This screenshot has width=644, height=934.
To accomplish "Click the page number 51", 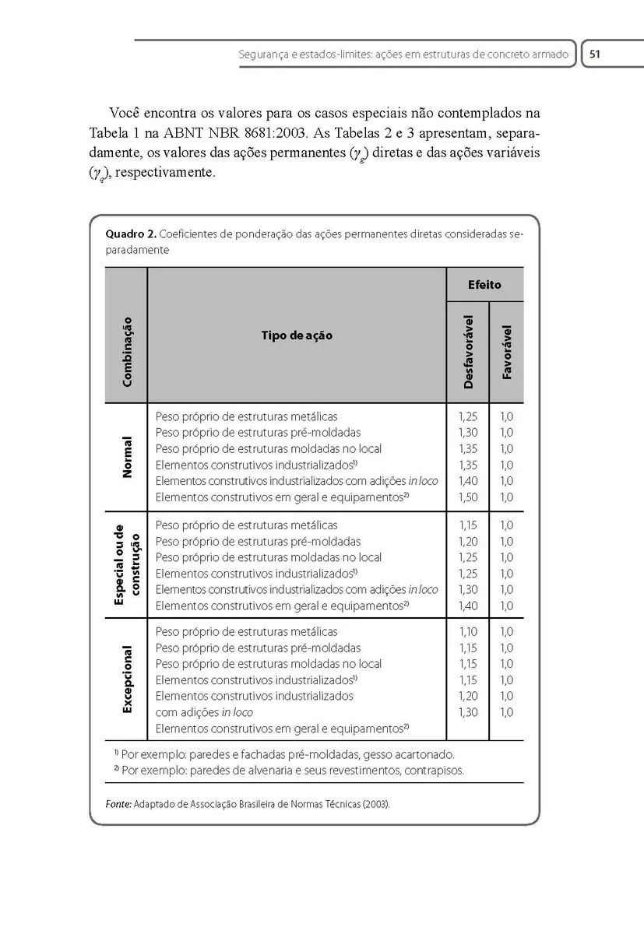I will pos(594,54).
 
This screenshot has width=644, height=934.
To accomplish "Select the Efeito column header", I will pos(484,285).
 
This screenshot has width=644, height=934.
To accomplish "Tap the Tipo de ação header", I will pos(296,335).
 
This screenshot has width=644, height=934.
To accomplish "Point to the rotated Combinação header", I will pos(126,351).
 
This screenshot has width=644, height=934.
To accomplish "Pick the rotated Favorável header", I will pos(507,352).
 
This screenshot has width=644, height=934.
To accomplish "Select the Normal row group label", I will pos(126,457).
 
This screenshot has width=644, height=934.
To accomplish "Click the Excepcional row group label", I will pos(126,678).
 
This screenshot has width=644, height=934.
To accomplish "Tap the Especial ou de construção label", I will pos(126,564).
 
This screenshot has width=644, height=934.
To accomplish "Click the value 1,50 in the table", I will pos(468,497).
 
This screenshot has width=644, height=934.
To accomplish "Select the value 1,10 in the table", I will pos(468,631).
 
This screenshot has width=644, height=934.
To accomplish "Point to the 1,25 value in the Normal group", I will pos(468,416).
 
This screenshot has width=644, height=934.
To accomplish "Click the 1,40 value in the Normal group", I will pos(468,481).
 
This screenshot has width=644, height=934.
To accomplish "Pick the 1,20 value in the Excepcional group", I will pos(468,696).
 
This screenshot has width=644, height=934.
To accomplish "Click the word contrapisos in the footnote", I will pos(435,771).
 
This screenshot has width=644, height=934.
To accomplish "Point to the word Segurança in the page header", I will pos(262,55).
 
